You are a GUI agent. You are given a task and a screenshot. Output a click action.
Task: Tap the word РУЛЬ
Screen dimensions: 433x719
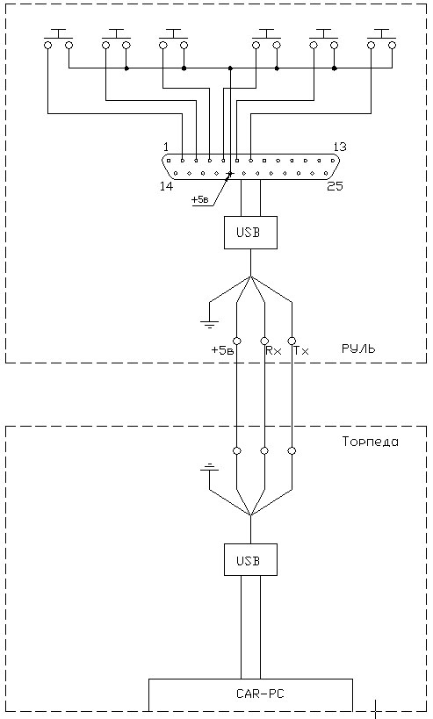point(358,349)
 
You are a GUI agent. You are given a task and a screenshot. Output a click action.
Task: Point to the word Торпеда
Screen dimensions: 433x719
point(370,442)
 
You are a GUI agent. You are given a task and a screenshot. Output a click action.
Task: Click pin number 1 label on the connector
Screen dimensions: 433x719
point(166,147)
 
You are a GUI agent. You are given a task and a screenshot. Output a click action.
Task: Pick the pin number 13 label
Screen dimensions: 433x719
point(339,147)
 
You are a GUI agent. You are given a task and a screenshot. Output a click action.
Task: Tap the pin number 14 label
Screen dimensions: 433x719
point(167,186)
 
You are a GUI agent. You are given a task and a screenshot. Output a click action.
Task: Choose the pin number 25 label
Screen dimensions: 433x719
point(335,186)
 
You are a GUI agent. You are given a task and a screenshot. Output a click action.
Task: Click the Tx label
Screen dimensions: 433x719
point(301,351)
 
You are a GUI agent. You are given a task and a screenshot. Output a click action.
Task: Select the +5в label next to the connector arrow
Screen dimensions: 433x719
point(200,200)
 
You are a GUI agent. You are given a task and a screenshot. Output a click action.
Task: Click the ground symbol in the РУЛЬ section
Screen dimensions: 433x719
point(209,324)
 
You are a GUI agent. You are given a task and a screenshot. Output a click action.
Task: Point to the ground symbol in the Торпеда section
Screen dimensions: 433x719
point(209,468)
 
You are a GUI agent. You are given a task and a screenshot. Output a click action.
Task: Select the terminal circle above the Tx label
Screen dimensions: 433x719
point(292,342)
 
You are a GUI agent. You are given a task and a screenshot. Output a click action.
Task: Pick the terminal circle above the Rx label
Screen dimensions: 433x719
point(264,342)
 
